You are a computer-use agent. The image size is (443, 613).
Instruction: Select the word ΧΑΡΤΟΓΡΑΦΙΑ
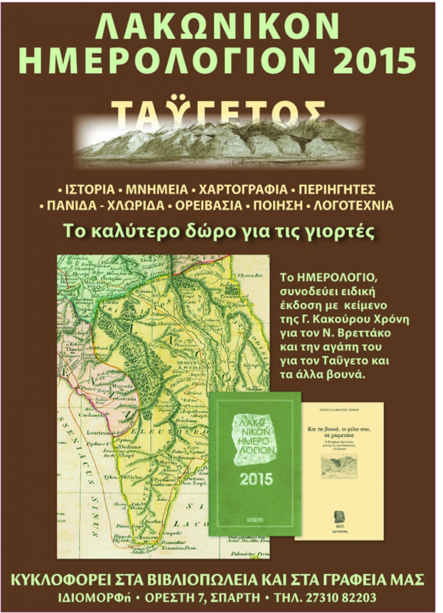tap(243, 190)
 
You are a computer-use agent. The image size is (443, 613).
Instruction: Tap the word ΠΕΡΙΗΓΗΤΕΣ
tap(337, 190)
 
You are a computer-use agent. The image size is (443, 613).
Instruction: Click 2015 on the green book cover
tap(256, 479)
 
